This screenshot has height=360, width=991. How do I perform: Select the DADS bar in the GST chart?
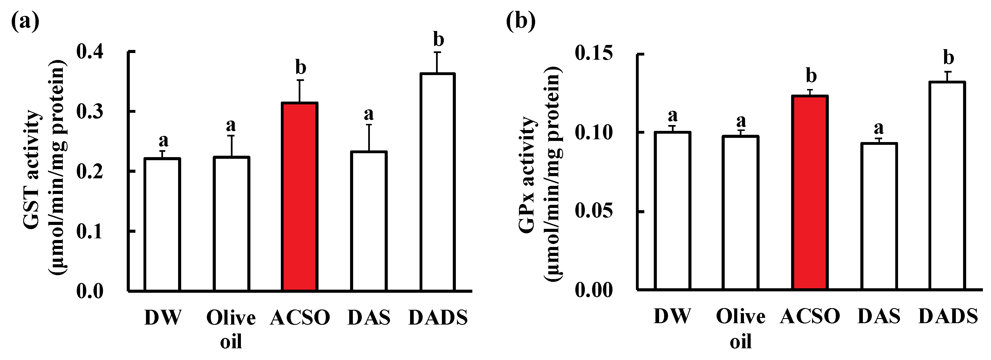437,182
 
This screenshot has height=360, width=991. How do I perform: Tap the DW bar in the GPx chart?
672,210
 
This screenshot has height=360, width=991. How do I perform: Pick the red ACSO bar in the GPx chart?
810,192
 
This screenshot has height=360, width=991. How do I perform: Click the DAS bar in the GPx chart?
879,216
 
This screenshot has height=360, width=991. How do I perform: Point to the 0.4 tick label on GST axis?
90,52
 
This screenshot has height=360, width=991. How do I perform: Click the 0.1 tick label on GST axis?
90,232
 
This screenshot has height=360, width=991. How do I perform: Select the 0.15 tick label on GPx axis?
593,53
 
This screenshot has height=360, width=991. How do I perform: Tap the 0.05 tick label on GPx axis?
593,211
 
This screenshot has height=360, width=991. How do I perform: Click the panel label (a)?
25,21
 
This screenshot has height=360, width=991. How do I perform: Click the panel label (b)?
521,21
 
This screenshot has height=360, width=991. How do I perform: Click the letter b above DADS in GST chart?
439,39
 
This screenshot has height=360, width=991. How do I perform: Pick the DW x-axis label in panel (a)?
163,318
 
